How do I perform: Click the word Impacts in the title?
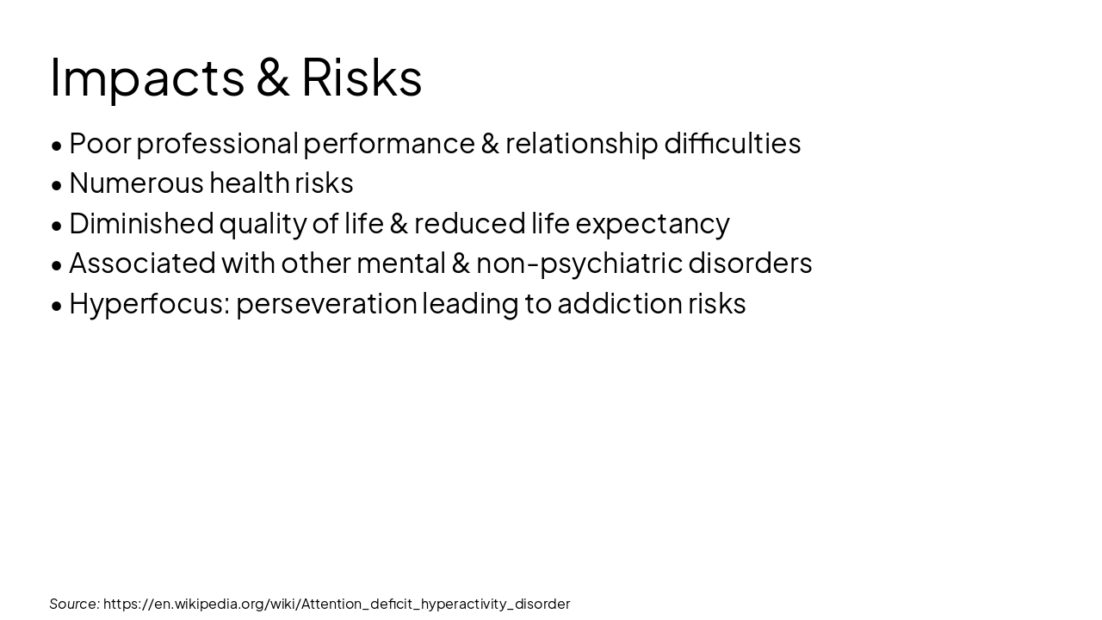[147, 77]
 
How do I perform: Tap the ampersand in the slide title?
[273, 77]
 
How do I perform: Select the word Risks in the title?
[362, 77]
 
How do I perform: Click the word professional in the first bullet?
[217, 144]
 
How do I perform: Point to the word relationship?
[581, 144]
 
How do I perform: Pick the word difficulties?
[732, 143]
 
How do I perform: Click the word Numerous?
[136, 183]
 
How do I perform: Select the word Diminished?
[141, 223]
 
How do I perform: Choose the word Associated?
[142, 263]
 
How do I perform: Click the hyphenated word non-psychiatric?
[579, 263]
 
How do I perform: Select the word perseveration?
[326, 304]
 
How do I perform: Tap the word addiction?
[620, 303]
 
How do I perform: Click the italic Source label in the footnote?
[74, 604]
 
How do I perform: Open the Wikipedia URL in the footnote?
[337, 604]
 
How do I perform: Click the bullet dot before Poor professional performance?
[57, 146]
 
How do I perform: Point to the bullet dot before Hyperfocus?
[57, 306]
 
